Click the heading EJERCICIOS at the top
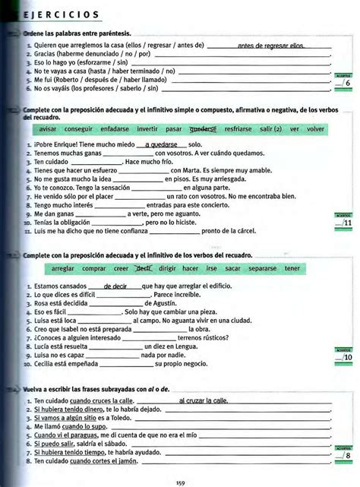coord(58,15)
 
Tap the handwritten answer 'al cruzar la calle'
coord(204,400)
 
